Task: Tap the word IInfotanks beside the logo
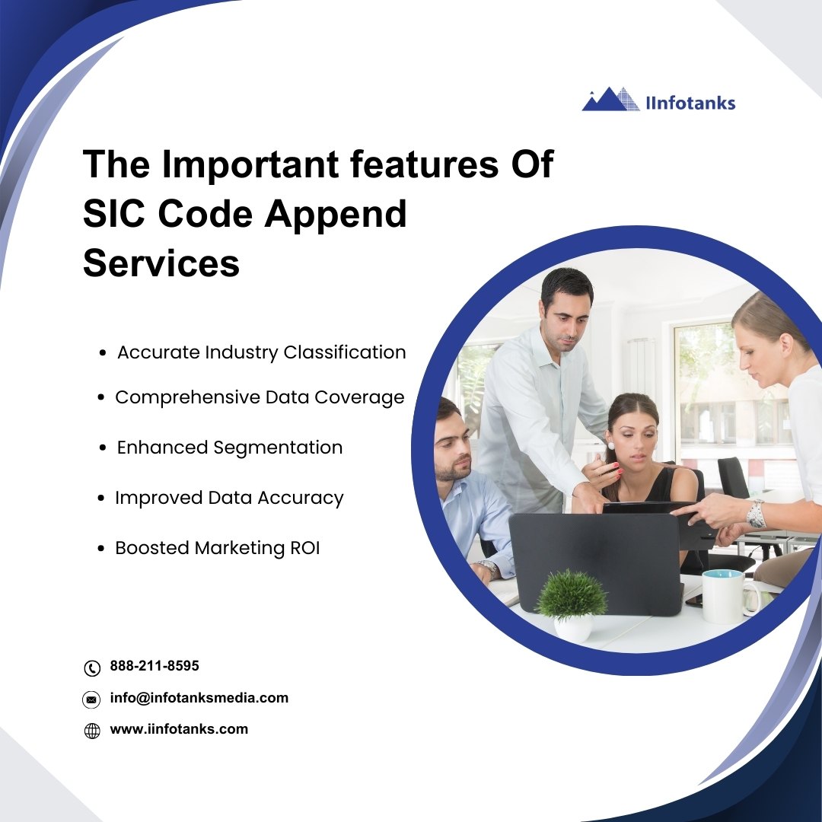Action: [690, 104]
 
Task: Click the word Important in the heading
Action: [250, 164]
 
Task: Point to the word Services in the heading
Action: [161, 263]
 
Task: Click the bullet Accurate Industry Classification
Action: [262, 352]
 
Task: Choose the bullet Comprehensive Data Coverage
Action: [260, 398]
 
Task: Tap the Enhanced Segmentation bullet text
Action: [230, 448]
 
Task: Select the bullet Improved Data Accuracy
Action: [229, 498]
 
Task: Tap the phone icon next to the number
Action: [92, 668]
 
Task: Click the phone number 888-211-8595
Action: [155, 666]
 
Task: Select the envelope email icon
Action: [91, 699]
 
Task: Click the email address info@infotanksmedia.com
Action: [199, 698]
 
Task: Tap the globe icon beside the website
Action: [92, 731]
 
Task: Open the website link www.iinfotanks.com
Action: [179, 729]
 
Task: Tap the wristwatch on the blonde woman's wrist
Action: [756, 515]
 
